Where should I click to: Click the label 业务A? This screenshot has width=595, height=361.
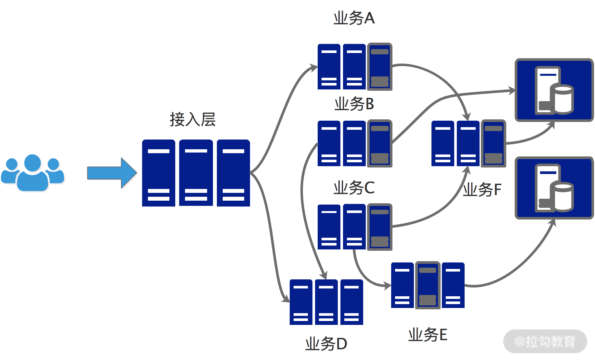[354, 18]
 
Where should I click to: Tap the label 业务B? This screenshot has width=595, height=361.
[354, 104]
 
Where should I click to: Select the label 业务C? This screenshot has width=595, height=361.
[354, 188]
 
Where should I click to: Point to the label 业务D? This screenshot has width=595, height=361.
[326, 344]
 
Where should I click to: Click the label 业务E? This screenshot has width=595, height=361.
[428, 335]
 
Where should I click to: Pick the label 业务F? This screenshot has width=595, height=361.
[482, 190]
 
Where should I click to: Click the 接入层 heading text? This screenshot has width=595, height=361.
[192, 120]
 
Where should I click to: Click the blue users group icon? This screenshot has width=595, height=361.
[33, 173]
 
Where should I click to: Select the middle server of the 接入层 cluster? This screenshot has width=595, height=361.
[196, 173]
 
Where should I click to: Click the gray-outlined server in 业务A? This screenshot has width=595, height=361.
[380, 67]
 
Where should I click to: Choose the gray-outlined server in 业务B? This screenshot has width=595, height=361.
[380, 143]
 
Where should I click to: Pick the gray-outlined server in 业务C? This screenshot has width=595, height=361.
[380, 227]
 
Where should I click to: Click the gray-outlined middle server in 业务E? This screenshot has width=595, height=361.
[428, 285]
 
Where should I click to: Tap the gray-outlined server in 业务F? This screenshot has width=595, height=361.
[494, 143]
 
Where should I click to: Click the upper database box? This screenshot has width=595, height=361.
[554, 90]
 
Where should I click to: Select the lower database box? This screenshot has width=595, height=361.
[554, 188]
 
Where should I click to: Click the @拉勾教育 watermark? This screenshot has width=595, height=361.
[545, 341]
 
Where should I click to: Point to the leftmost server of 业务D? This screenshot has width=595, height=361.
[301, 302]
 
